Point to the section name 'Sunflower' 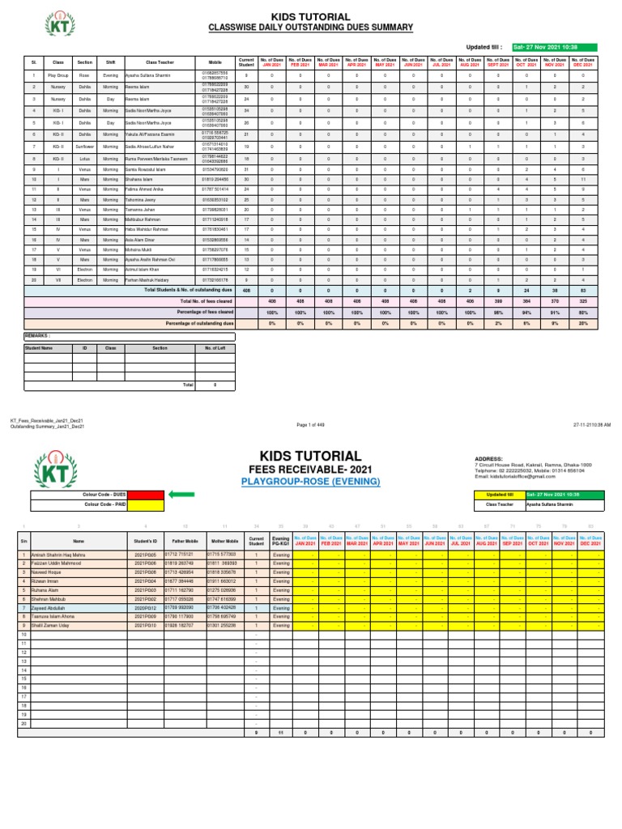84,147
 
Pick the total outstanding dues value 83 602,289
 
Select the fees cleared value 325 602,300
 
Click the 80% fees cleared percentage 602,312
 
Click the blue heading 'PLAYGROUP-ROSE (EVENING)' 310,482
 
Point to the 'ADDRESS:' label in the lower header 488,458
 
